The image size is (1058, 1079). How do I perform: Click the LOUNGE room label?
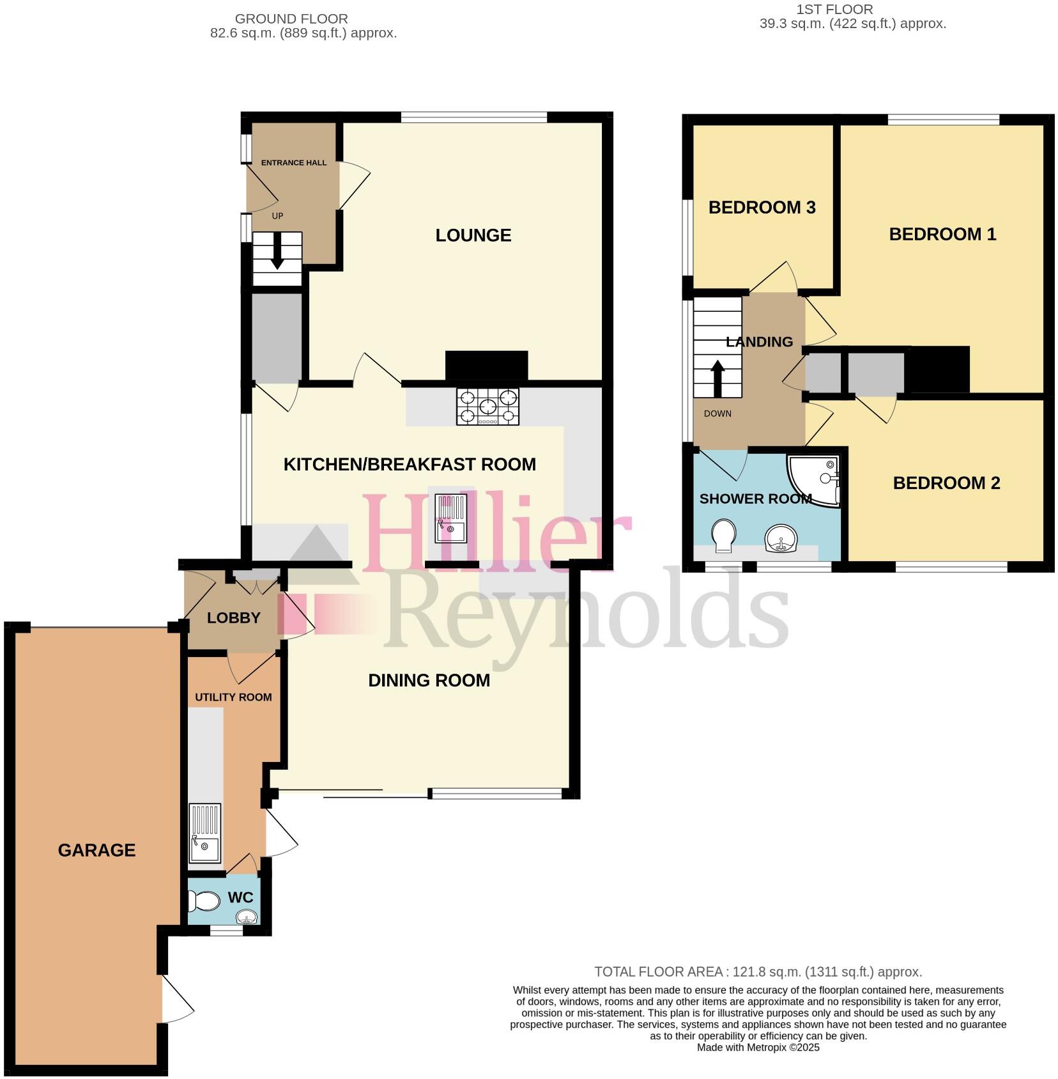(473, 235)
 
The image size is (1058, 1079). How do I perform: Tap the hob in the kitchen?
(487, 407)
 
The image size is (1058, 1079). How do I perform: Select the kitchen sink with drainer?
(451, 518)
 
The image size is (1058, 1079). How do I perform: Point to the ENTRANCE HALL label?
(294, 163)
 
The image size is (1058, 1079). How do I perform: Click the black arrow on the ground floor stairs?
(277, 251)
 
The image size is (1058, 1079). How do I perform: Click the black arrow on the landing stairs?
(717, 378)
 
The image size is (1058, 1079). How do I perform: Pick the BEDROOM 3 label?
(762, 207)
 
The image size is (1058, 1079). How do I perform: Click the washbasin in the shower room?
(780, 538)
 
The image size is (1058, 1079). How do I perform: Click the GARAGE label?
(96, 850)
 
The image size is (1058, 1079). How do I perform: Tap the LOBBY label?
(234, 618)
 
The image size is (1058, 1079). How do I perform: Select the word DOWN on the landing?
(717, 414)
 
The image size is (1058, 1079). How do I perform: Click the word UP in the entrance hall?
(277, 216)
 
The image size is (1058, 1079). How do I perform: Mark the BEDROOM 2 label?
(946, 483)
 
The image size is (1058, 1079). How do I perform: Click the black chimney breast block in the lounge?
(486, 366)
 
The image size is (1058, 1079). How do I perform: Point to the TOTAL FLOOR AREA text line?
(758, 972)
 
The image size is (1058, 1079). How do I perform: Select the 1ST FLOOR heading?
(834, 10)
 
